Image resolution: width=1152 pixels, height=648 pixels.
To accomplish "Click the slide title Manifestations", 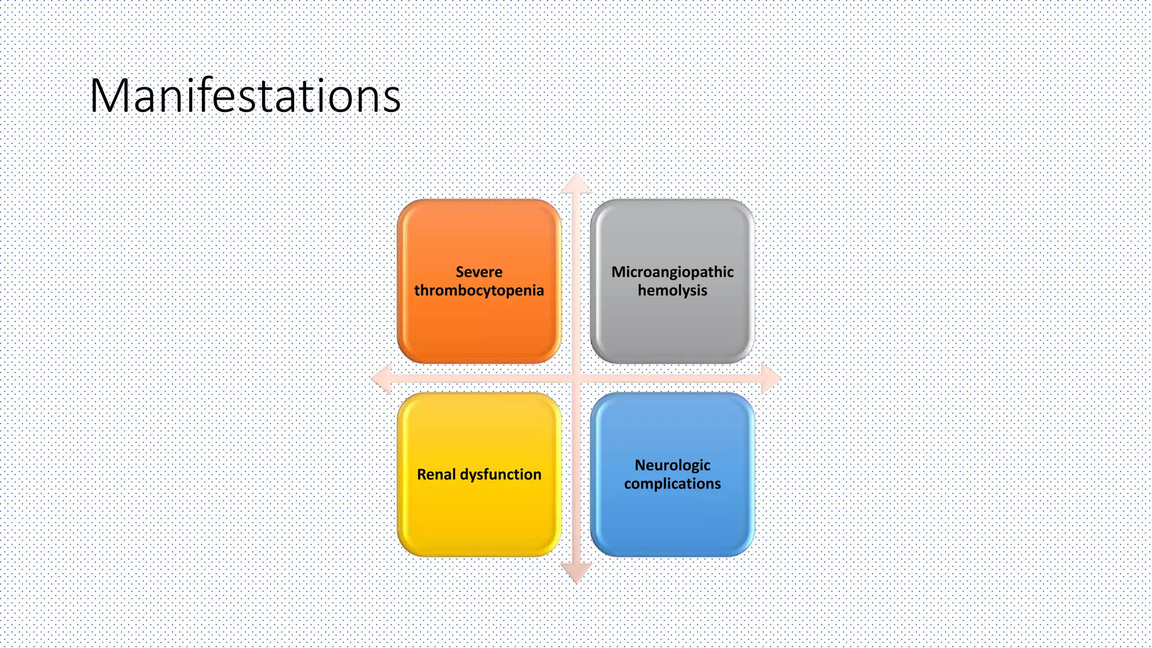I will [245, 96].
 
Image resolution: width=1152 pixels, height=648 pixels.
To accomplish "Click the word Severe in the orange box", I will [479, 272].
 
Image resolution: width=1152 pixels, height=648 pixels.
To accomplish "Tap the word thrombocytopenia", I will [479, 291].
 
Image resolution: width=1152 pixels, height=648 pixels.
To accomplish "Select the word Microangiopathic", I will [672, 272].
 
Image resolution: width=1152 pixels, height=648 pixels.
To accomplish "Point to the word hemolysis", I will [672, 291].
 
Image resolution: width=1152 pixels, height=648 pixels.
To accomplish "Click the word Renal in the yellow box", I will [436, 475].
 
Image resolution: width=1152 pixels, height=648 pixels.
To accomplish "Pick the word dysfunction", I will [501, 475].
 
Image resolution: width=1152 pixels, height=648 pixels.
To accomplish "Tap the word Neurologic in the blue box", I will [672, 465].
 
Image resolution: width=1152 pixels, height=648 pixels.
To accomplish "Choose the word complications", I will [672, 484].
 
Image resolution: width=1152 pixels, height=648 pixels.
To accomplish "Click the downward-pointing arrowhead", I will [576, 573].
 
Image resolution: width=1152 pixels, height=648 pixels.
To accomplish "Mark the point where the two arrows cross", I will [576, 378].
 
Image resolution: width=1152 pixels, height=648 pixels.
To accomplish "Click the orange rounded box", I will [479, 326].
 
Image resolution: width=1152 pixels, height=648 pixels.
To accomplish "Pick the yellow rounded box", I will [479, 517].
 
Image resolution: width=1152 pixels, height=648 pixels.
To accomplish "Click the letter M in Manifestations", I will [110, 96].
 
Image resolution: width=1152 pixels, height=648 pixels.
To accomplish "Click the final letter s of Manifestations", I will [391, 98].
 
